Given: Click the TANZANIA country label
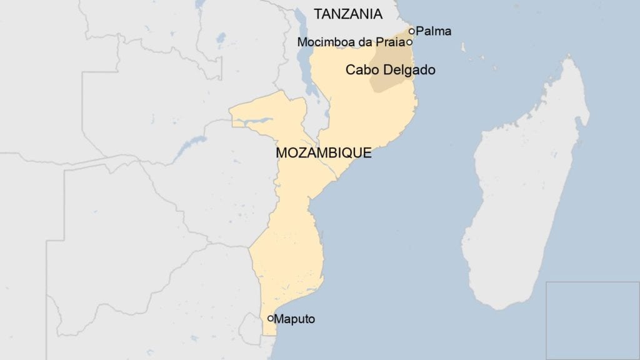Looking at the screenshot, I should click(347, 14).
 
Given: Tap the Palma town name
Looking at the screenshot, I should click(433, 31).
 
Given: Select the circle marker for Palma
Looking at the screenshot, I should click(411, 31).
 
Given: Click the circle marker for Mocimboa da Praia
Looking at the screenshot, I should click(409, 42).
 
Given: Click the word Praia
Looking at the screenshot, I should click(391, 42).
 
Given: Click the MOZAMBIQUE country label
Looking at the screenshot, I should click(323, 152).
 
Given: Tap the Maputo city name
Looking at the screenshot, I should click(295, 319).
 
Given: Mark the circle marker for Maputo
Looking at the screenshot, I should click(271, 319).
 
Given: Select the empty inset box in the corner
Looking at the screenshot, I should click(592, 320).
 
